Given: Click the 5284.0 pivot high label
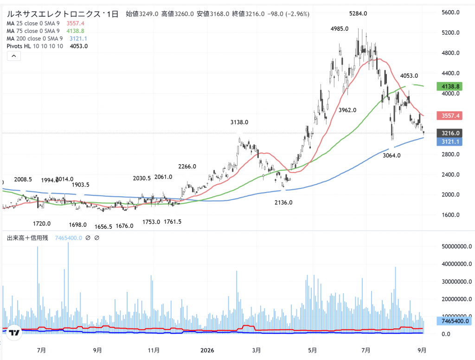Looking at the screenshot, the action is coord(358,13).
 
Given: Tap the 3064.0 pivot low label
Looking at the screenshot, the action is coord(392,155).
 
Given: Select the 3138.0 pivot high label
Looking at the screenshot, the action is coord(239,122).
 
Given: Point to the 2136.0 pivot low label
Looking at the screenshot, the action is coord(283,202).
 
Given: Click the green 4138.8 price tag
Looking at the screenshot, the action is coord(449,86).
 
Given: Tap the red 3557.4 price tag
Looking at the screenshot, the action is coord(449,116).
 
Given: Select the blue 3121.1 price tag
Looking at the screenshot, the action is coord(449,141).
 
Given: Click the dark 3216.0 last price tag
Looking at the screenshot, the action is coord(449,133).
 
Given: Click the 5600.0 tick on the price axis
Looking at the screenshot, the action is coord(450,13).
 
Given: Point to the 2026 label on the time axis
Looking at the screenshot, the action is coord(207,350).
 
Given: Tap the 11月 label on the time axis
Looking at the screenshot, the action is coord(154,350).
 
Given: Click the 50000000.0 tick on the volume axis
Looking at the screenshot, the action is coord(456,246).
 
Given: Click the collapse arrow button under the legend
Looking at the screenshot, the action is coord(14,56).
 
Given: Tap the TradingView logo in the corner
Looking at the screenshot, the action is coord(14,333).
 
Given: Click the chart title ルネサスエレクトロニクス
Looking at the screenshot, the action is coord(54,14).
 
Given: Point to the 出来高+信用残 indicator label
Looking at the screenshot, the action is coord(27,238).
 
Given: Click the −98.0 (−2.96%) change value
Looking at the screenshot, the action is coord(289,14).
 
